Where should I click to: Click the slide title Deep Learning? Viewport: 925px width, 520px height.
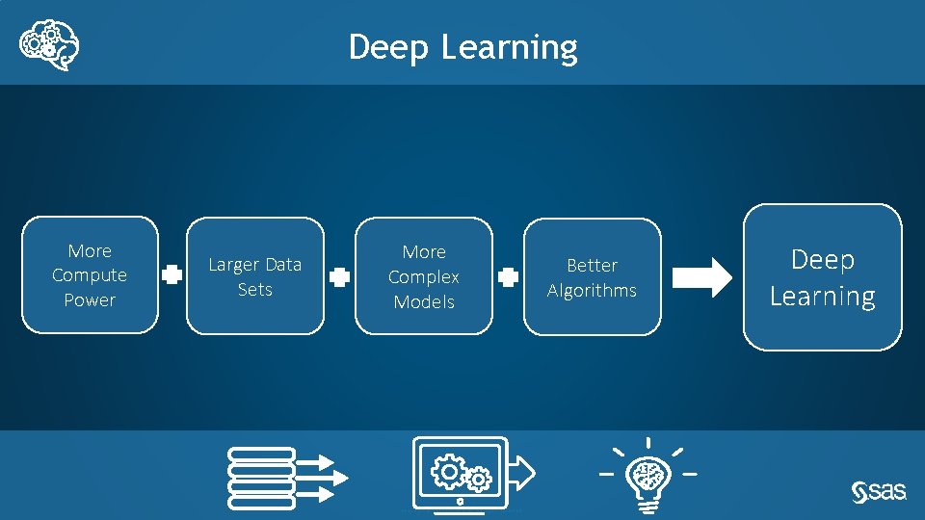pos(462,46)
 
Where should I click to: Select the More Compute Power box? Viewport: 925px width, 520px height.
pos(90,275)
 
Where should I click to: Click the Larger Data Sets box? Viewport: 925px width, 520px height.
pos(255,276)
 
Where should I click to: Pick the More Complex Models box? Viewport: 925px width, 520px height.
pos(424,276)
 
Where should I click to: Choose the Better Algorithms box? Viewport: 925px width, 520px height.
pos(593,277)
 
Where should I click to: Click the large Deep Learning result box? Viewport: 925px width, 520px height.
pos(822,277)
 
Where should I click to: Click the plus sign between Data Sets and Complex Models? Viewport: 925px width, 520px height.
pos(339,277)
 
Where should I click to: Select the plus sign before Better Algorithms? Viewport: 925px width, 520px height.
pos(508,277)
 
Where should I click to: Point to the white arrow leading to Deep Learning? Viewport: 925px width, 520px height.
pos(701,277)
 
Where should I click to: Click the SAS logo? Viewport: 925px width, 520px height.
pos(879,491)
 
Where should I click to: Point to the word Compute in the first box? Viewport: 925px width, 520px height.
pos(90,275)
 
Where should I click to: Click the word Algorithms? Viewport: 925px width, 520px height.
pos(593,290)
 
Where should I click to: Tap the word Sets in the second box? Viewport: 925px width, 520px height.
pos(255,289)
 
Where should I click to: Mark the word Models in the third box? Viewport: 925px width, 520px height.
pos(424,301)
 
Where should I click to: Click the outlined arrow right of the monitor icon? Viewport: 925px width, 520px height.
pos(521,471)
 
